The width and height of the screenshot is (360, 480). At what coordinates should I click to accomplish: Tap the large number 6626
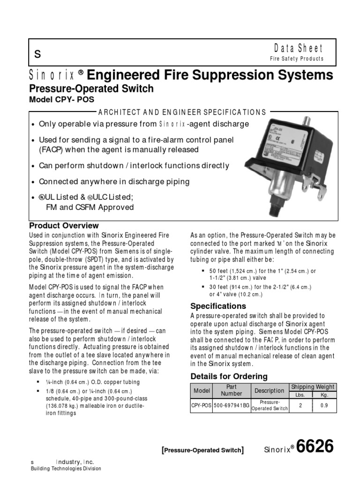316,447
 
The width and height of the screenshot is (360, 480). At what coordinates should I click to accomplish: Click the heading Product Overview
64,225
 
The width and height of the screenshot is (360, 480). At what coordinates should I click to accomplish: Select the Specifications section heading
218,306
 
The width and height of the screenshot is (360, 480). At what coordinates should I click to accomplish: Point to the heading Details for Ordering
229,376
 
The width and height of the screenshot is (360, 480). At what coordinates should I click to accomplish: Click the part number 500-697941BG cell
232,405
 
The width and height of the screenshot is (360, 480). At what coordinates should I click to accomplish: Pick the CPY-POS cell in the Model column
202,405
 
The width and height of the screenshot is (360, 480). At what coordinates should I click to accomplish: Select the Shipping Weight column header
313,387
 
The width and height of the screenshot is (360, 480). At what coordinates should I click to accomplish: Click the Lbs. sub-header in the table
300,395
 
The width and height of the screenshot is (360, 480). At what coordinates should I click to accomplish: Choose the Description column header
269,390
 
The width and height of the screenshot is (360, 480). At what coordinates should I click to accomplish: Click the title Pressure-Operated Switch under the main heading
91,88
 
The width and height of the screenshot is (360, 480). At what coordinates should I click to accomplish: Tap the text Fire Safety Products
296,59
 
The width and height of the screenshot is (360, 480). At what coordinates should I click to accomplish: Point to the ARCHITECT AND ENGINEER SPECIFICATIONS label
181,112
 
